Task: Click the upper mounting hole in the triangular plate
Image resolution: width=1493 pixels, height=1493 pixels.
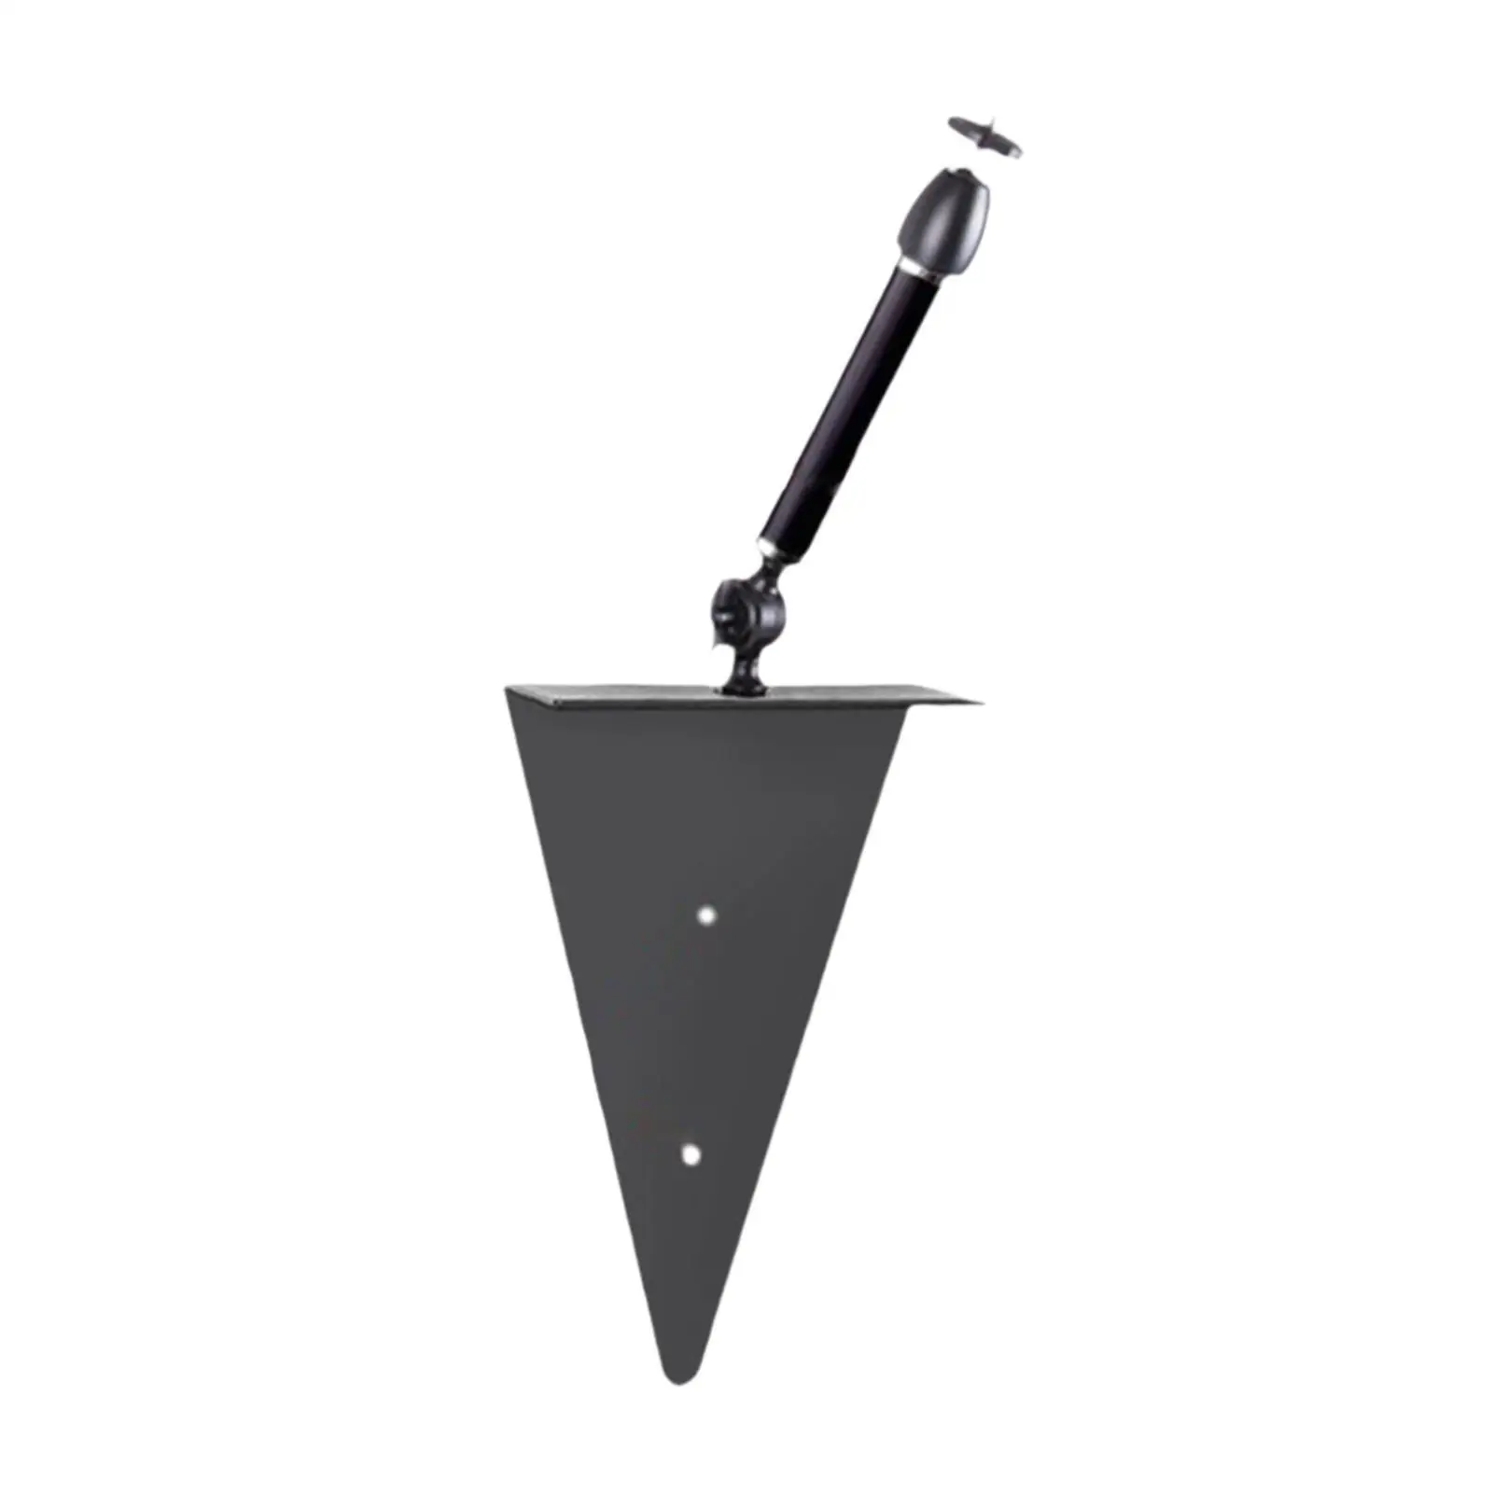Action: (x=708, y=914)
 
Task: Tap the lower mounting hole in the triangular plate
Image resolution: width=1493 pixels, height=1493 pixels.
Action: (x=691, y=1154)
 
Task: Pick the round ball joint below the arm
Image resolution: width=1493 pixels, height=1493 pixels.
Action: (x=749, y=611)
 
